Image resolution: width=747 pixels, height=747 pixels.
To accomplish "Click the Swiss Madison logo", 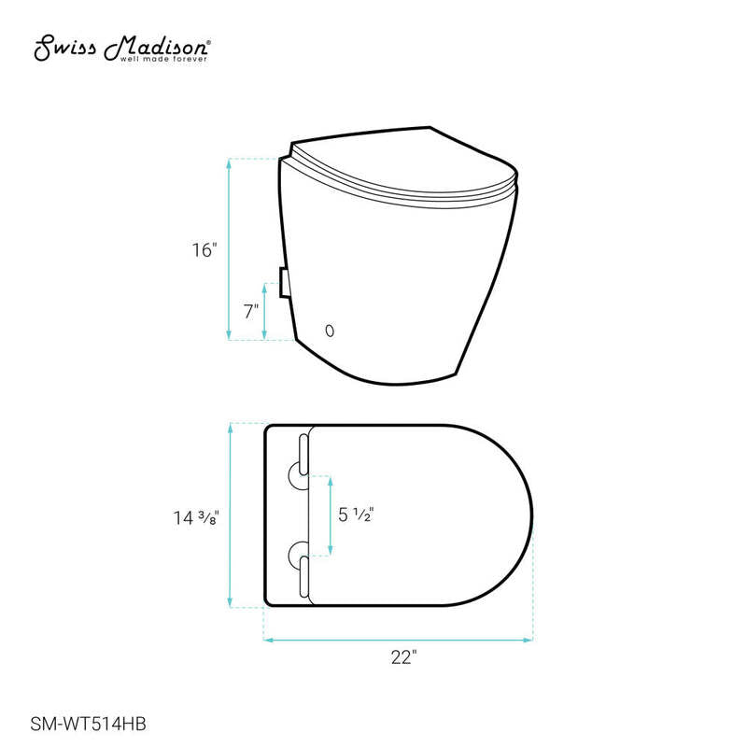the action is pos(121,49).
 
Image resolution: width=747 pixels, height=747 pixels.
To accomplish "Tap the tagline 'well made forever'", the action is pos(163,59).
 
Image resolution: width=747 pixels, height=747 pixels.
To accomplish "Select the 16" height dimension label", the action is pos(204,249).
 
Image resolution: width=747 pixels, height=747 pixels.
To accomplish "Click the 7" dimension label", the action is pos(251,312).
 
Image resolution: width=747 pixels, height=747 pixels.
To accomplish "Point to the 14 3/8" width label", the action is pos(196,517).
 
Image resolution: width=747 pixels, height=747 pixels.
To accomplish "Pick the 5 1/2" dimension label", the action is pos(356,514).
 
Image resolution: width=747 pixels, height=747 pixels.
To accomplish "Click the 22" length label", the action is pos(404,657).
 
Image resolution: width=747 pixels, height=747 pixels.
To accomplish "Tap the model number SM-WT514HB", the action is pos(88,725).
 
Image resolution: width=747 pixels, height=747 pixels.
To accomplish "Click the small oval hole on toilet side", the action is pos(330,331).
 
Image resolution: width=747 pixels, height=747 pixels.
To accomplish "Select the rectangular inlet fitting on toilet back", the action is pos(284,283).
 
